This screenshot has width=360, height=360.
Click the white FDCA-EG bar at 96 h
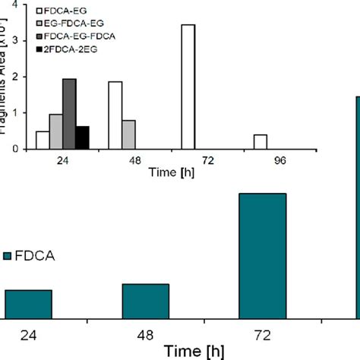261,142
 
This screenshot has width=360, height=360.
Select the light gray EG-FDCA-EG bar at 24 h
55,131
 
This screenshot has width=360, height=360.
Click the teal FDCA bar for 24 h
28,303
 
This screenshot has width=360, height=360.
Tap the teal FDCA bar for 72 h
263,254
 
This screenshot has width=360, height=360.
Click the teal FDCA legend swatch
7,257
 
